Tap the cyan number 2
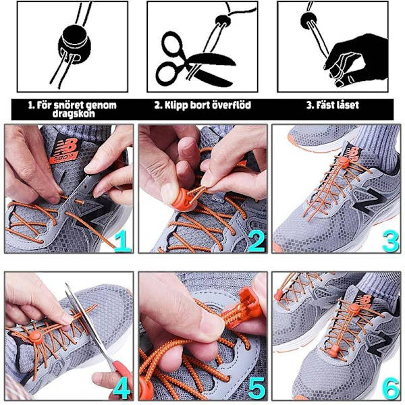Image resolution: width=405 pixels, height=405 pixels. (x=256, y=241)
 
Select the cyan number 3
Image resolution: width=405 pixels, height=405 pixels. (x=390, y=241)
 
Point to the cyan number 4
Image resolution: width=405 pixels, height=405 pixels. (x=122, y=388)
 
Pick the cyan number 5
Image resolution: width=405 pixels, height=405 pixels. (x=256, y=388)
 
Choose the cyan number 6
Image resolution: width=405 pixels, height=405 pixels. (x=391, y=388)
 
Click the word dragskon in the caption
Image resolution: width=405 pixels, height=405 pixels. (x=74, y=113)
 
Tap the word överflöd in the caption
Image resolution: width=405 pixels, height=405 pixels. (x=230, y=105)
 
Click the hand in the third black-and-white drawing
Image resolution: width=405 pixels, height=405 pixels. (x=356, y=60)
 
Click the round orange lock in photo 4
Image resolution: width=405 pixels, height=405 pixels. (x=35, y=335)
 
